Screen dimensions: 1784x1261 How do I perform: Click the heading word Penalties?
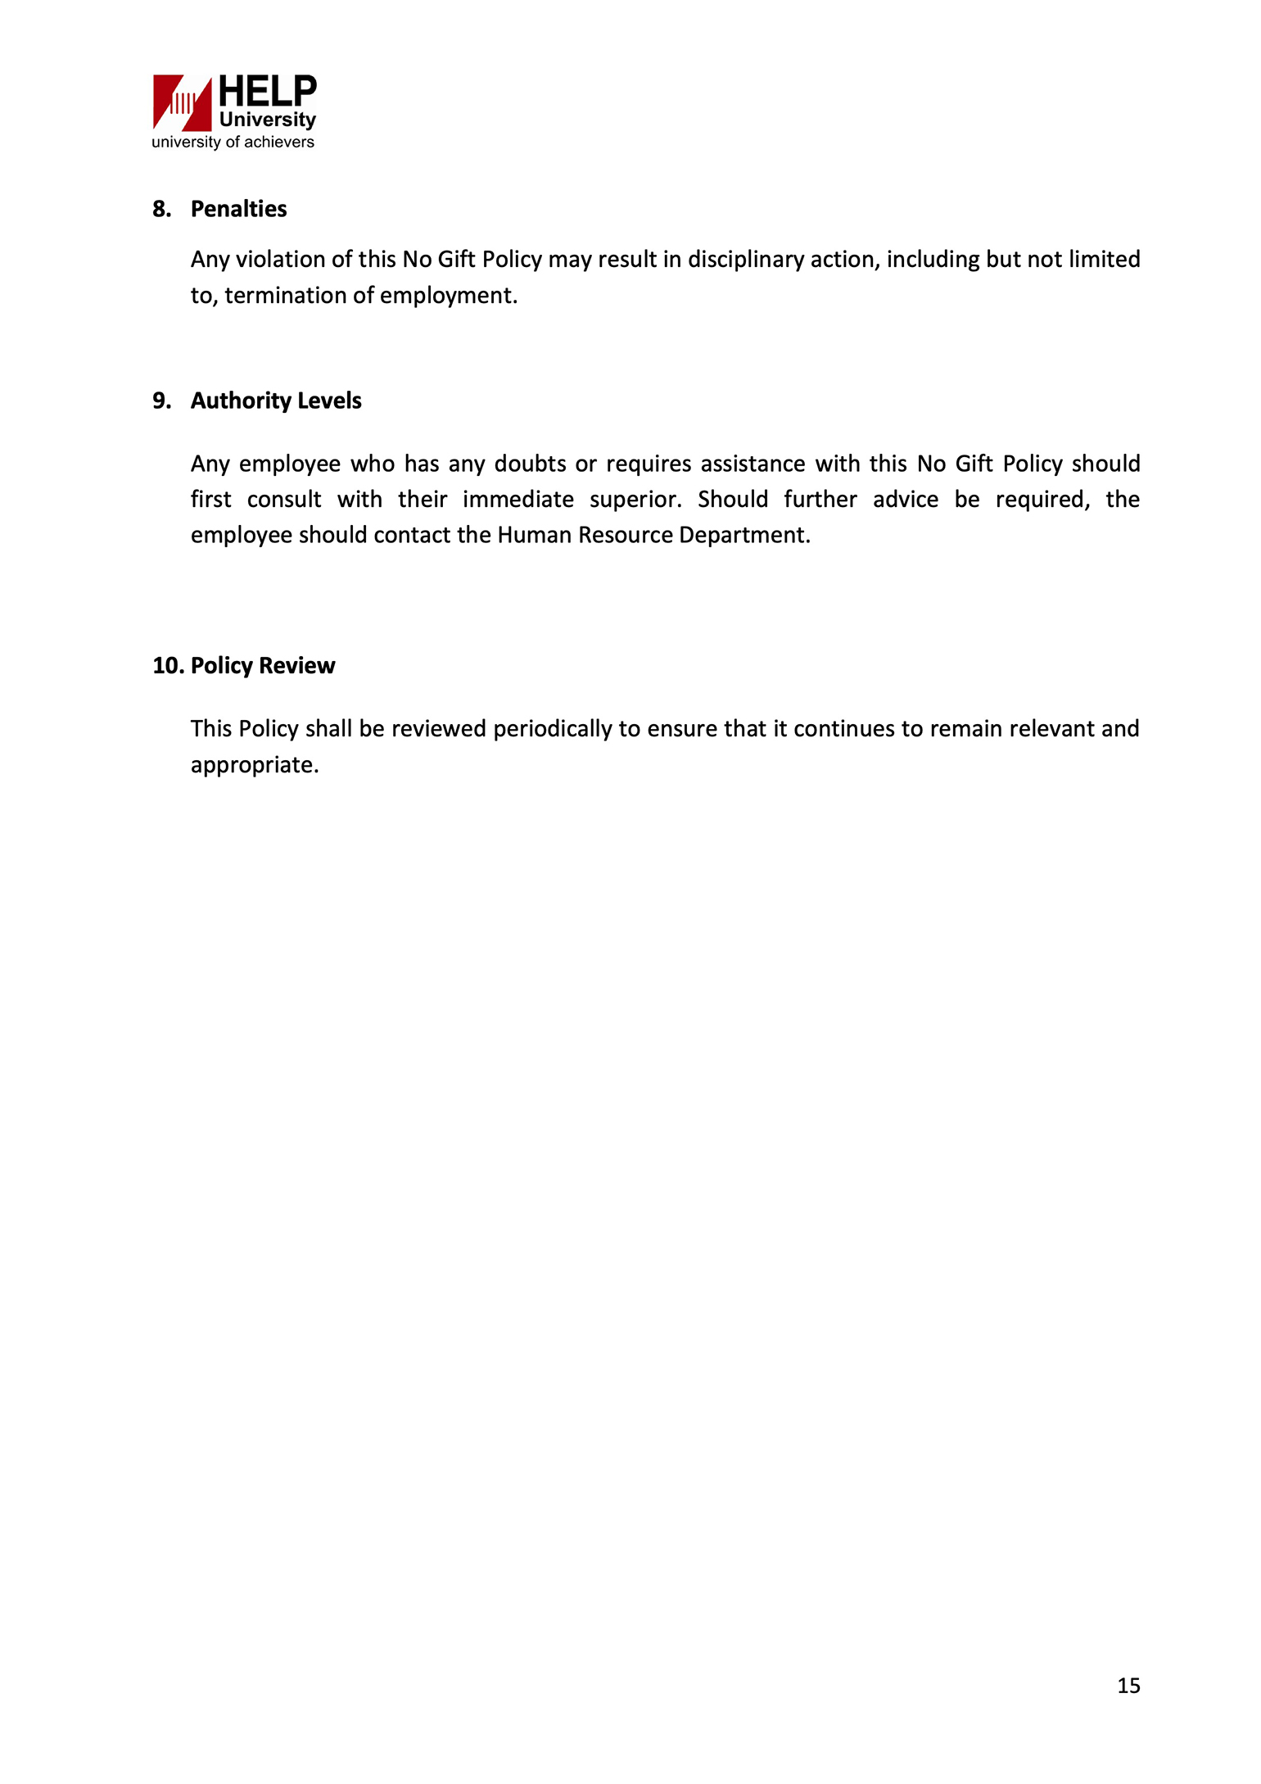(238, 209)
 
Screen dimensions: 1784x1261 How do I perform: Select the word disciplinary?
(745, 260)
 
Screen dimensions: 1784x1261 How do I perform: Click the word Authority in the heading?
(240, 401)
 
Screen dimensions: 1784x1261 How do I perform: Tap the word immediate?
(518, 500)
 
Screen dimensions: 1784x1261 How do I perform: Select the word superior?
(635, 500)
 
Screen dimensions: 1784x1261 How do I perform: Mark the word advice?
(905, 500)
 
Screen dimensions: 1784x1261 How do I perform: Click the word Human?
(534, 535)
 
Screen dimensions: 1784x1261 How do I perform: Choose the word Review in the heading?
(297, 665)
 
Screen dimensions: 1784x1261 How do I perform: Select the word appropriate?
(254, 765)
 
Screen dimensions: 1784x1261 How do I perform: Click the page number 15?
(1128, 1685)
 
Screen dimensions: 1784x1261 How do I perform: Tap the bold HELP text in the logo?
(267, 92)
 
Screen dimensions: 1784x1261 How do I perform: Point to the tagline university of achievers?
(233, 143)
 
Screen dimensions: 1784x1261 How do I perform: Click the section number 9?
(161, 401)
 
